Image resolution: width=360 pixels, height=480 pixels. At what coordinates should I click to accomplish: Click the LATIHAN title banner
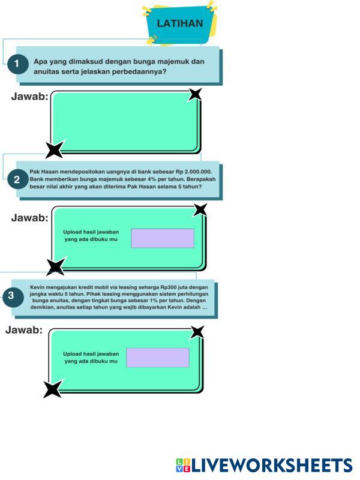point(179,24)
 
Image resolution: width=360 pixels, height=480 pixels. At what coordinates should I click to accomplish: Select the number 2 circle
point(17,179)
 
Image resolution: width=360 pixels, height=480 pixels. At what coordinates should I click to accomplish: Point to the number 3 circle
point(11,295)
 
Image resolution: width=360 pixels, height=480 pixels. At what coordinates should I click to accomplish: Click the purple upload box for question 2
point(163,238)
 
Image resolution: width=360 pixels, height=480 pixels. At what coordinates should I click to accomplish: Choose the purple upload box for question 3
point(158,358)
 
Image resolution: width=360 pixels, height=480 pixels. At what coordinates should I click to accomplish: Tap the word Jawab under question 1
point(30,97)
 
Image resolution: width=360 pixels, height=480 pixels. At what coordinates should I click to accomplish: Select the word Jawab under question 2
point(30,218)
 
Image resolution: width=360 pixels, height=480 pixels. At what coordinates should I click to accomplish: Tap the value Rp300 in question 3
point(161,287)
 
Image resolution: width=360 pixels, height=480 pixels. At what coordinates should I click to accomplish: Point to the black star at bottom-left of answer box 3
point(52,389)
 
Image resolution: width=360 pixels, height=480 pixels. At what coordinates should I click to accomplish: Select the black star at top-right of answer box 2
point(200,209)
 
